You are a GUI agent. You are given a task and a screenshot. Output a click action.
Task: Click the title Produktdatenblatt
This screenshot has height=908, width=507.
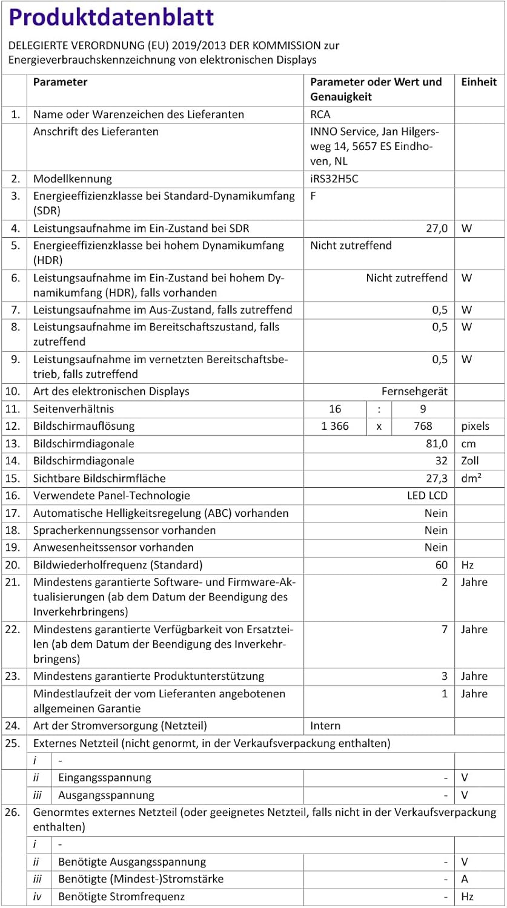tap(111, 18)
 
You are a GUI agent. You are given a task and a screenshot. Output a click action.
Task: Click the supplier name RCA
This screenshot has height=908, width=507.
tap(320, 114)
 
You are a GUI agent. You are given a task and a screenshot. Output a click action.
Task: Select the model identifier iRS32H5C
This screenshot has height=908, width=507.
tap(334, 179)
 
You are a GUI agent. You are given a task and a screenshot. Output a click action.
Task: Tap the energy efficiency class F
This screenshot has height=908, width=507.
tap(313, 196)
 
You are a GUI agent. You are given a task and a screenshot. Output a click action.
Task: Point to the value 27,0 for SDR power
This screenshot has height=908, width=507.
tap(436, 228)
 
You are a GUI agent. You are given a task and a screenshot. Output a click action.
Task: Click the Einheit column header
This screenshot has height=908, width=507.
tap(479, 82)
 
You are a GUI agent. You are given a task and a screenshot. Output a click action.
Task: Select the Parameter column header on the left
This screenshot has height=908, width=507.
tap(60, 82)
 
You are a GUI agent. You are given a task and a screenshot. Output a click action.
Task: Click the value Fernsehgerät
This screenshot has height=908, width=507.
tap(414, 392)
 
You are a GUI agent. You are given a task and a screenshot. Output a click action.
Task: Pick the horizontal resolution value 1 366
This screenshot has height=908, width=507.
tap(335, 426)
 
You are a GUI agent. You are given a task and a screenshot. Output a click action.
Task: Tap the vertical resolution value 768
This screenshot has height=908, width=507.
tap(423, 426)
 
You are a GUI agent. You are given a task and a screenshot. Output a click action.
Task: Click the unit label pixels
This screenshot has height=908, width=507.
tap(475, 426)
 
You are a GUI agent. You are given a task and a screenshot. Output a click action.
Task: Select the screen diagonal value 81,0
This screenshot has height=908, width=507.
tap(436, 444)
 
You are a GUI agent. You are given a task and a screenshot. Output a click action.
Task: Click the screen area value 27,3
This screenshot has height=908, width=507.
tap(436, 478)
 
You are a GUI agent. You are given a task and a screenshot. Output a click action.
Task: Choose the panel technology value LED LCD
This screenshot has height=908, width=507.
tap(427, 496)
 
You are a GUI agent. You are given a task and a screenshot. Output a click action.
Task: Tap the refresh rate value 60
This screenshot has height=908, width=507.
tap(442, 565)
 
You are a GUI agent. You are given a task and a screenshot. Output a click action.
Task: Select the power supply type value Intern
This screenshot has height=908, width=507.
tap(325, 726)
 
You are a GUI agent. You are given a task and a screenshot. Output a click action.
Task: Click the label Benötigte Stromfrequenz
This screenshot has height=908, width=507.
tap(121, 896)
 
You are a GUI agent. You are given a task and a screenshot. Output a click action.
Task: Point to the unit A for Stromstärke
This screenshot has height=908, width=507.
tap(465, 879)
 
